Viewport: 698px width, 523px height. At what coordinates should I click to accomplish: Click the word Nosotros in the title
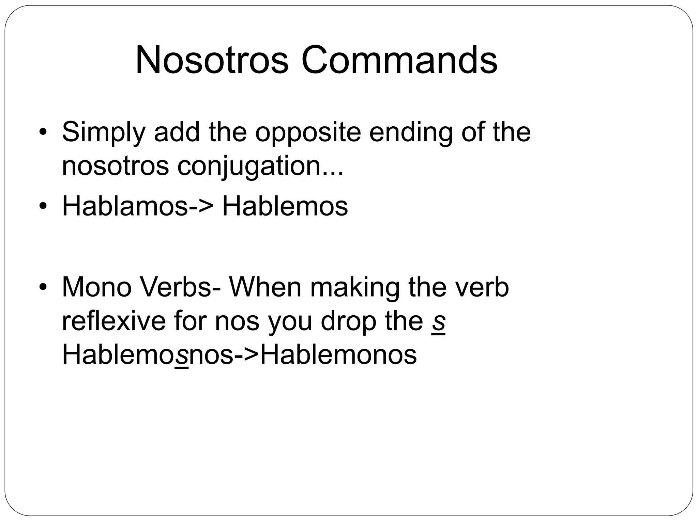212,60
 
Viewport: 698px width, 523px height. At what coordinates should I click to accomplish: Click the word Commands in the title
399,60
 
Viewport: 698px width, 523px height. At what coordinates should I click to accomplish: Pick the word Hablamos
125,206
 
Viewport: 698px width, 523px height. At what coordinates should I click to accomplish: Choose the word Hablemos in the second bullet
285,206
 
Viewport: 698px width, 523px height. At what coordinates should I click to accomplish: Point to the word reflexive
113,321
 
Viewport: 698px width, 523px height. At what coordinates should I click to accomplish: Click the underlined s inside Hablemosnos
181,355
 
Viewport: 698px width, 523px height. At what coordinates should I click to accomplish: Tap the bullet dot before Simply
42,132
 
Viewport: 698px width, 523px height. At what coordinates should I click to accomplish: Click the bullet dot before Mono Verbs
42,287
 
